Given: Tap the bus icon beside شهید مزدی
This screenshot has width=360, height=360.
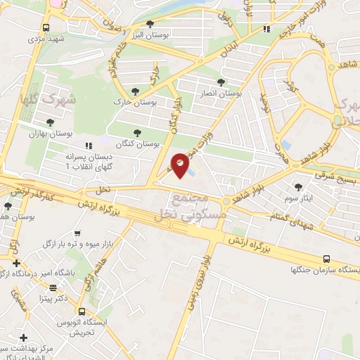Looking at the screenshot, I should coord(46,27).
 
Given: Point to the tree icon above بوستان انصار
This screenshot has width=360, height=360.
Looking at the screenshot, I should coord(222,82).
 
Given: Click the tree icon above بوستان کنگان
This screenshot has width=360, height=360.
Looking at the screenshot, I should coord(136,132).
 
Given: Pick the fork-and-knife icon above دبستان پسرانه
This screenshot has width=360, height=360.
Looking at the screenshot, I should coord(89,145).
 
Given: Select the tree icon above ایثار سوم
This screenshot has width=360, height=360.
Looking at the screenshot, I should coord(299,187).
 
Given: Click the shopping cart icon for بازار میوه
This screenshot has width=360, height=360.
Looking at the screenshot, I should coord(77,233).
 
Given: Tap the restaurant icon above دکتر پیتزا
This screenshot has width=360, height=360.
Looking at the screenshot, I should coord(52,287).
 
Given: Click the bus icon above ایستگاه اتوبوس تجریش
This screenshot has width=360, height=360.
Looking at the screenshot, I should coord(82,311).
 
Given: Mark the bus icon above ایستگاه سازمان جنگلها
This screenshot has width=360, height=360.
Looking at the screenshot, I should coord(326,259).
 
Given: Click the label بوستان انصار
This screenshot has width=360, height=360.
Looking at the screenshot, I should coord(221,93).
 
